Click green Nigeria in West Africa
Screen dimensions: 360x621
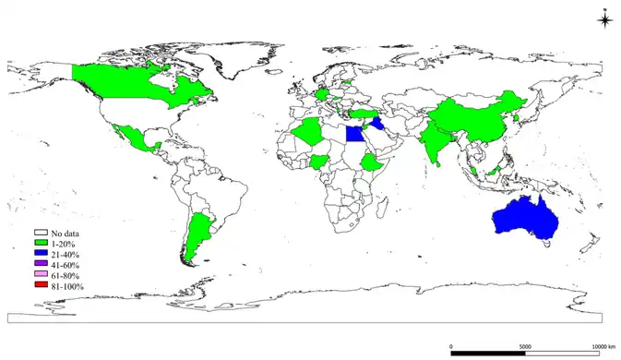(x=319, y=162)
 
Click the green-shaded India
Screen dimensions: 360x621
(x=434, y=139)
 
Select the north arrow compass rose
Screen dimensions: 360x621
(x=604, y=21)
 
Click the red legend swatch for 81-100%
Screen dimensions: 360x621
(x=42, y=287)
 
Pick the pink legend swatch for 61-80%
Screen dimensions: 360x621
(x=42, y=276)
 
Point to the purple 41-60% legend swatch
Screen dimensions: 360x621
(x=42, y=265)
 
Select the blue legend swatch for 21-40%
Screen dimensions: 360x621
(x=42, y=254)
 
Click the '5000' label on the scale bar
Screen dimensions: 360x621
(x=525, y=346)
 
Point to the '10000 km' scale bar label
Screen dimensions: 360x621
(x=603, y=346)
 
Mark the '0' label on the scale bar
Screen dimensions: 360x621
(x=450, y=346)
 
